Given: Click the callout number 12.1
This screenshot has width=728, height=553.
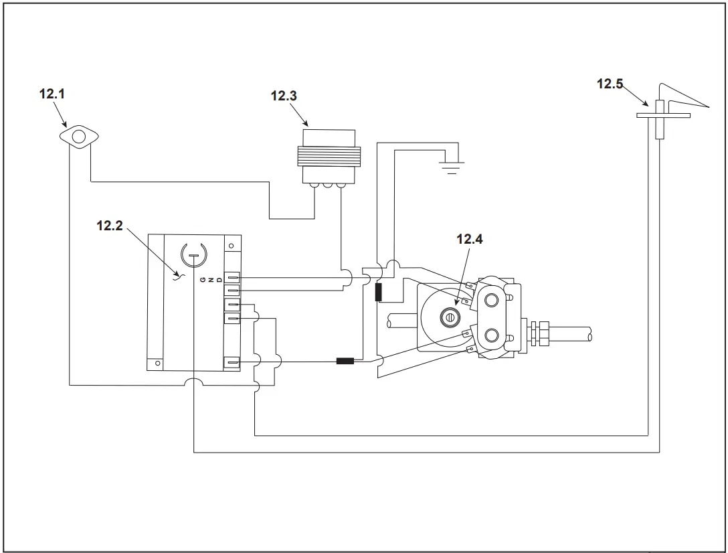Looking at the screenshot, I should (x=52, y=94).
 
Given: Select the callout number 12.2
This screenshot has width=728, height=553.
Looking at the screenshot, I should (x=110, y=226).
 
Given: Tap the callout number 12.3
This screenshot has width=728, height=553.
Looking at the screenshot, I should (x=284, y=96).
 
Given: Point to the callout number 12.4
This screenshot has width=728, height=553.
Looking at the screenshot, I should (x=469, y=239).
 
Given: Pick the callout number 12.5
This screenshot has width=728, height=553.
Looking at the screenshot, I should (x=610, y=84).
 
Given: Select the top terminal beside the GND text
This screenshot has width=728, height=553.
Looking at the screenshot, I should (x=232, y=276).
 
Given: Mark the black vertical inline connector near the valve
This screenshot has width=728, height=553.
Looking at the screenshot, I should (x=378, y=292).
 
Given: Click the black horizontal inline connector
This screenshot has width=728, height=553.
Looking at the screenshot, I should (x=345, y=362).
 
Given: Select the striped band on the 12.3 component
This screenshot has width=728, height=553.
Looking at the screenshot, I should (x=328, y=161).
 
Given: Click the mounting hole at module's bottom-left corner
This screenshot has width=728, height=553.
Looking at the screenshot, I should (x=157, y=363).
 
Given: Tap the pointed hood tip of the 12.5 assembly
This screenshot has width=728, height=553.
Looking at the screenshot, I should (x=707, y=106).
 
